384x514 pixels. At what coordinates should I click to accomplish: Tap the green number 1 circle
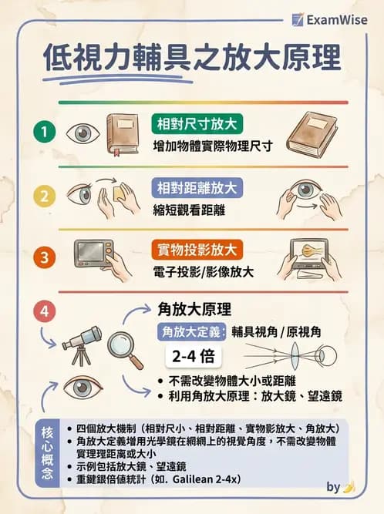click(x=45, y=132)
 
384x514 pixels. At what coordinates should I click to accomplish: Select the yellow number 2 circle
click(x=45, y=196)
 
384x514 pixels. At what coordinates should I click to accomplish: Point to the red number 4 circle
click(x=45, y=312)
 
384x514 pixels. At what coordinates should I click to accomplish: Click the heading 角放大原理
click(x=194, y=309)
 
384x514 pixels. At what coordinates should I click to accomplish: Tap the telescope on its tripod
click(x=81, y=344)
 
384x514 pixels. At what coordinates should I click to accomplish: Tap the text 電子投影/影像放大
click(x=202, y=271)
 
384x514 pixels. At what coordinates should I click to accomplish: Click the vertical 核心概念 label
click(x=47, y=452)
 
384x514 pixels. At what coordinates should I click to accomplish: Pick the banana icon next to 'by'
click(x=349, y=487)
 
